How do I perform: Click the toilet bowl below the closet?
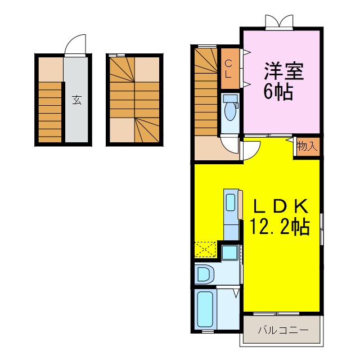[x=230, y=115]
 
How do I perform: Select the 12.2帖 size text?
[x=280, y=227]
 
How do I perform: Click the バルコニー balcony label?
[x=283, y=330]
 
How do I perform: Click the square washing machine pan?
[x=229, y=251]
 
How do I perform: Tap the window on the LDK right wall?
[x=322, y=228]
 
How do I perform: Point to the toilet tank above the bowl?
[x=229, y=98]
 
